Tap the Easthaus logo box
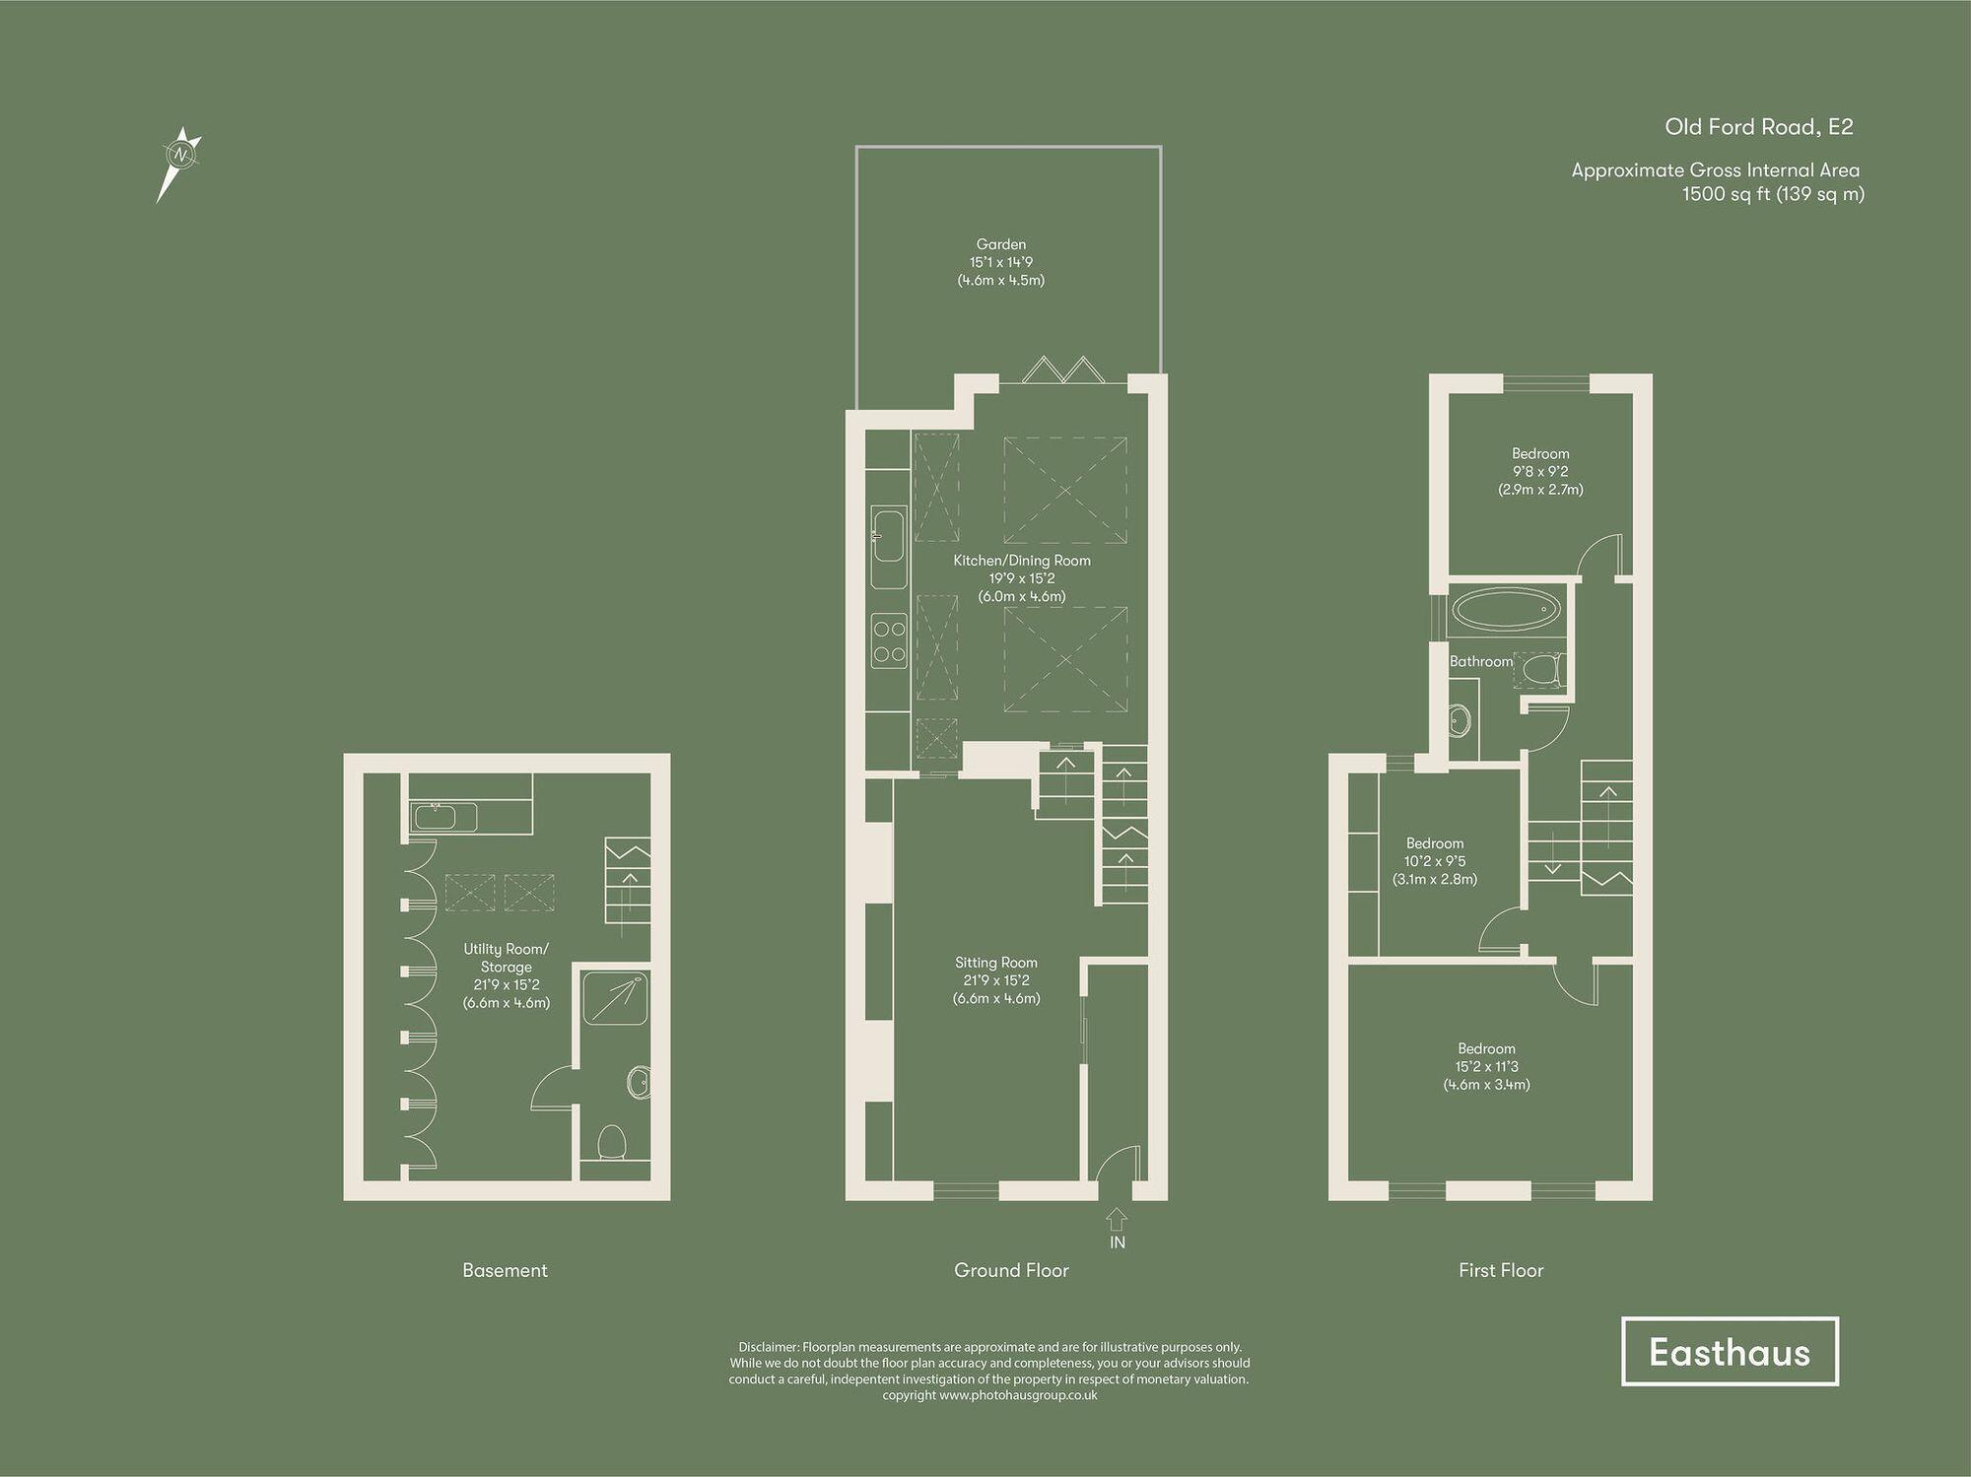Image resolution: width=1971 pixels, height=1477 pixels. (x=1730, y=1352)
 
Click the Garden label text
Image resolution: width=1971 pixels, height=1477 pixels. (x=1000, y=244)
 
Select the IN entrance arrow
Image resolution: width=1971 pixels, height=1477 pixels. (x=1116, y=1220)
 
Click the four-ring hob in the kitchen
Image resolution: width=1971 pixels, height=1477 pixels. (x=889, y=640)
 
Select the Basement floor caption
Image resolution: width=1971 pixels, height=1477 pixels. (x=505, y=1270)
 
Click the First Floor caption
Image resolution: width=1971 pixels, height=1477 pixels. (x=1500, y=1270)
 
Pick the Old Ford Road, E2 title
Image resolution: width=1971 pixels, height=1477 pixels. (x=1758, y=127)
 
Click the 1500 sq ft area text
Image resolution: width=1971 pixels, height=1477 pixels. (x=1772, y=194)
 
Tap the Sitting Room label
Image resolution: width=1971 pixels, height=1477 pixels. (x=995, y=963)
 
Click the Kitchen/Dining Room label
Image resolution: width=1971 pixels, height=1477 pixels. (x=1021, y=561)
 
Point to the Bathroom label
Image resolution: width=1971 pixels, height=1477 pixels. (x=1480, y=662)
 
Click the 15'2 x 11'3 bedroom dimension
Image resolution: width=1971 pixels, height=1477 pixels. (x=1486, y=1066)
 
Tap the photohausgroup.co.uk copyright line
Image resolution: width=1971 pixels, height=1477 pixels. (x=988, y=1395)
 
